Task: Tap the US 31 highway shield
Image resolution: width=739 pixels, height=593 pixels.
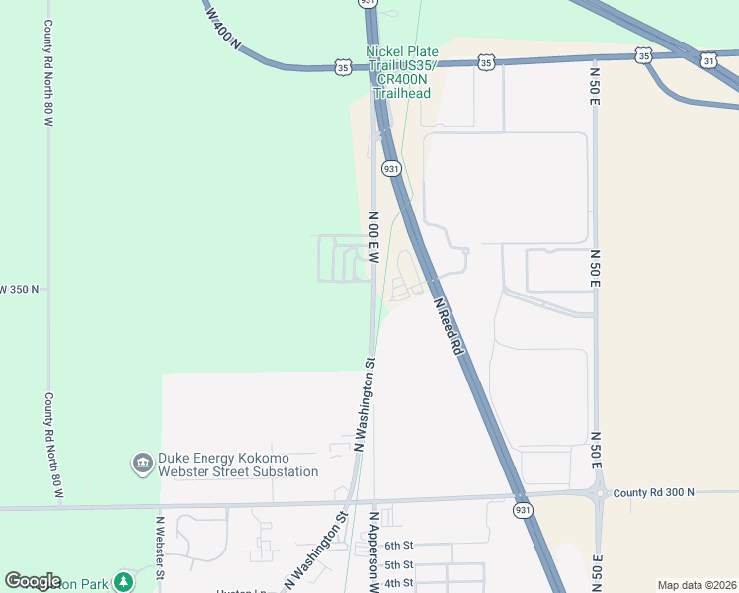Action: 709,61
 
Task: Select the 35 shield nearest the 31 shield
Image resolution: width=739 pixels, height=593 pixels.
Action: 644,56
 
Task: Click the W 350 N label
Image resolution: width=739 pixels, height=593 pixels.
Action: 20,290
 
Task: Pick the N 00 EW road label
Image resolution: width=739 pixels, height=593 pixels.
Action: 374,237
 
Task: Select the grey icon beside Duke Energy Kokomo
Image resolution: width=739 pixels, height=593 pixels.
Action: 142,463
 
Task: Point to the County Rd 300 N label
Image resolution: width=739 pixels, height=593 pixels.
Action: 653,492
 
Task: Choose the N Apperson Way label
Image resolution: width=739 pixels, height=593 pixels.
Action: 375,551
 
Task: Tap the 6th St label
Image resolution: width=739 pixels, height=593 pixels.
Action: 398,546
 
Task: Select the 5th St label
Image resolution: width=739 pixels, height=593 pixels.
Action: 398,564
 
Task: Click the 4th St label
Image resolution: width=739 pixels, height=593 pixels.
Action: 398,582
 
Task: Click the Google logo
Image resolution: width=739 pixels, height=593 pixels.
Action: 33,581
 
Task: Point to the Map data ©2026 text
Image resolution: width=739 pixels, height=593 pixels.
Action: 697,585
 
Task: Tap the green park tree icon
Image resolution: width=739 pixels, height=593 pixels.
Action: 123,580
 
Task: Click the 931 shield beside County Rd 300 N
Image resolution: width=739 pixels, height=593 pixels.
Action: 524,510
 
